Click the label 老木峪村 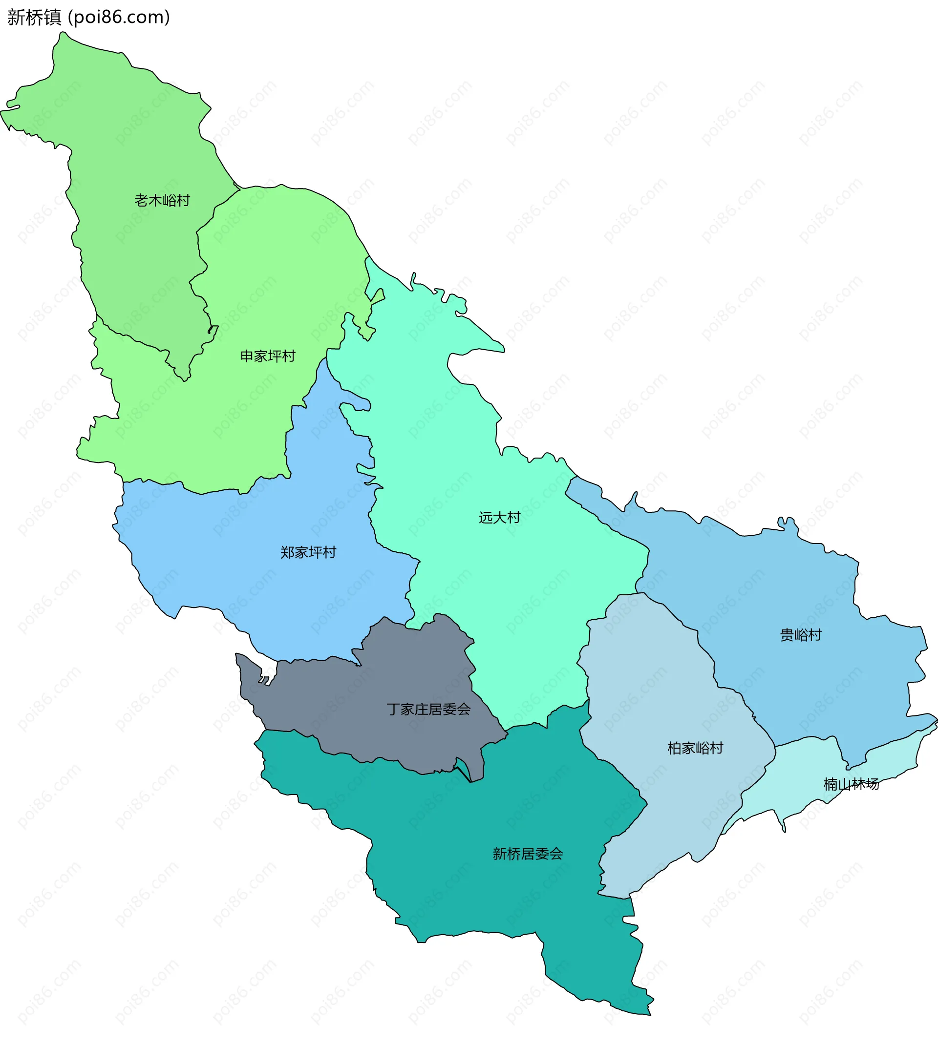point(162,200)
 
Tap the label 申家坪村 point(268,356)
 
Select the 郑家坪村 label point(308,552)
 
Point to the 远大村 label point(499,517)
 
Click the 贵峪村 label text point(800,635)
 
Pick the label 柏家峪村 point(695,748)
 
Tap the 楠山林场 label point(851,784)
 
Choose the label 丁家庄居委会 point(428,710)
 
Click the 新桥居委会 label point(527,854)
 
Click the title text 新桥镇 point(34,18)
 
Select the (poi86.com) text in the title point(119,18)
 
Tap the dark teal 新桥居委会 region point(464,886)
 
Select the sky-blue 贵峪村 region point(773,592)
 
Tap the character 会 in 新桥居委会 point(556,854)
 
